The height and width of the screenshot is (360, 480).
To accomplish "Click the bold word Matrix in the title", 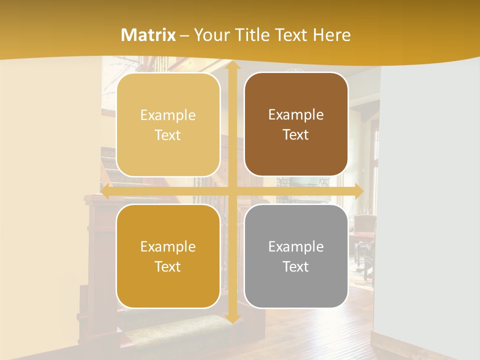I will tap(148, 35).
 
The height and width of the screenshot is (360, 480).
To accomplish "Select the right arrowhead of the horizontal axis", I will tap(359, 191).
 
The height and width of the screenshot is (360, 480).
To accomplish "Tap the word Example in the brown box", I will tap(296, 114).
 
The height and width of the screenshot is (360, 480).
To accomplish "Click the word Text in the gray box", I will tap(296, 266).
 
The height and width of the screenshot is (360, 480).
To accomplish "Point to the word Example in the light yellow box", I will tap(168, 115).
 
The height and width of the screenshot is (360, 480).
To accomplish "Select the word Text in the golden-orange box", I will tap(168, 266).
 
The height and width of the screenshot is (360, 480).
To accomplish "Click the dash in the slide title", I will tap(184, 35).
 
